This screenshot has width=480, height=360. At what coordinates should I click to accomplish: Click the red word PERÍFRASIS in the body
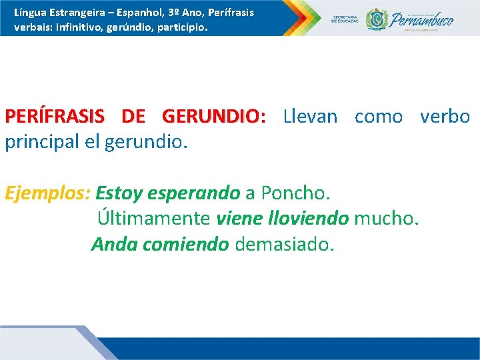[54, 117]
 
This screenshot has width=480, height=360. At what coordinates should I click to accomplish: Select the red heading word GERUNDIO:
[213, 117]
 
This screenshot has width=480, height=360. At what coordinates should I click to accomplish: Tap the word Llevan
[310, 117]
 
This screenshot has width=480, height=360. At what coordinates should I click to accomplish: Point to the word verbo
[445, 117]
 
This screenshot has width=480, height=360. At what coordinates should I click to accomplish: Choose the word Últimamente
[154, 219]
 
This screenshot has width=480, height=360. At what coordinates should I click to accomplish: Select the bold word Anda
[113, 245]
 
